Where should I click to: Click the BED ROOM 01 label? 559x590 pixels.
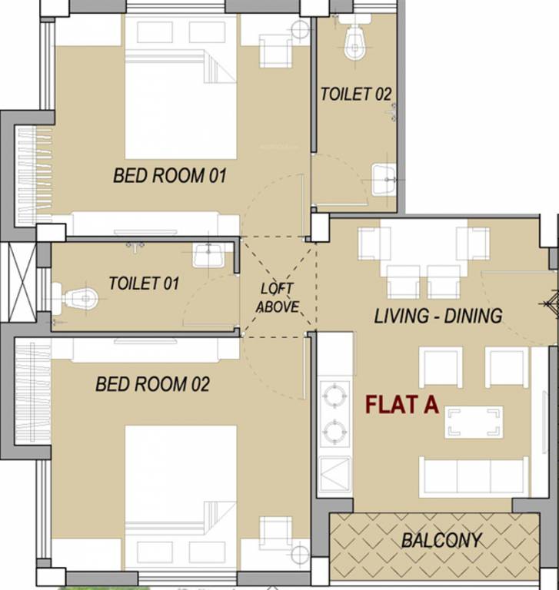point(170,175)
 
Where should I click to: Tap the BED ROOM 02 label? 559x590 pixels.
point(152,383)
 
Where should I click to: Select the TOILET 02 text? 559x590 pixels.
point(356,94)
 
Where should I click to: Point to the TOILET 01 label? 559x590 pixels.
point(144,283)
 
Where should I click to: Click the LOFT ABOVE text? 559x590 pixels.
point(277,297)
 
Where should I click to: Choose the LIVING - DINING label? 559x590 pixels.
point(438,315)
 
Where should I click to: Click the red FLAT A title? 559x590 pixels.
point(401,405)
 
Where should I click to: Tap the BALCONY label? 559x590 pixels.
point(441,540)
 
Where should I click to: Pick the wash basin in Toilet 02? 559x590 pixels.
point(384,180)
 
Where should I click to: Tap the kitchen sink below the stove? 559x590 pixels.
point(335,472)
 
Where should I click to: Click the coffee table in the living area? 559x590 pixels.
point(473,422)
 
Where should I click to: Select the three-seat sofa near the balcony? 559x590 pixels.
point(473,476)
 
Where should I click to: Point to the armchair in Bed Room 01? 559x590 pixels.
point(275,50)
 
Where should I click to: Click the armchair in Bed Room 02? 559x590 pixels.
point(275,535)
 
